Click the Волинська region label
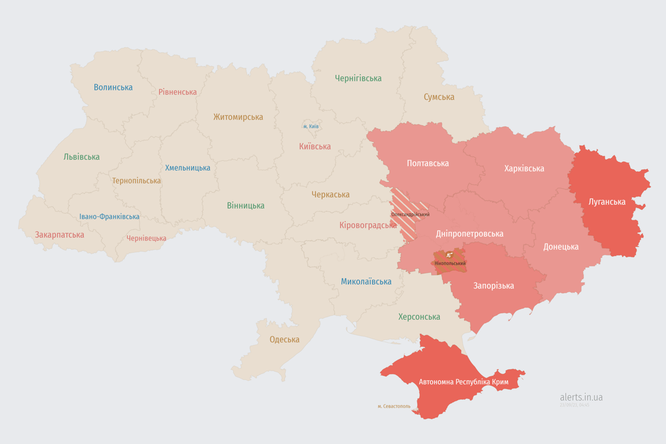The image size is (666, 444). click(113, 87)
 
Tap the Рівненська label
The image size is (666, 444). click(177, 92)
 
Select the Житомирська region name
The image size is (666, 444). click(238, 117)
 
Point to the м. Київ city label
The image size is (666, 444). click(311, 127)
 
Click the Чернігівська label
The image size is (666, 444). click(358, 78)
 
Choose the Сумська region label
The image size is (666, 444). click(439, 97)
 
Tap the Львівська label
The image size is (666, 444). click(82, 157)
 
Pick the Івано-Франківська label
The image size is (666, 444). click(109, 217)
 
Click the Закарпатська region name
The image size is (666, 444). click(60, 235)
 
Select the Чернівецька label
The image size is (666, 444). click(146, 238)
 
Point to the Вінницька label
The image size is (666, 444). click(246, 205)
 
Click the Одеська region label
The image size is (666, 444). click(284, 339)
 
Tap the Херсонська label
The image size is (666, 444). click(419, 317)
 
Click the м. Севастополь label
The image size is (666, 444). click(394, 406)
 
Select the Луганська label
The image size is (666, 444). click(607, 202)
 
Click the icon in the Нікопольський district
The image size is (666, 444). click(449, 255)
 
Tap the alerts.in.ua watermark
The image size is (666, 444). click(581, 397)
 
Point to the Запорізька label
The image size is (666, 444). click(494, 286)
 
